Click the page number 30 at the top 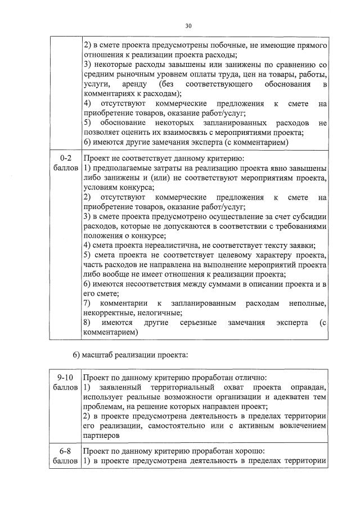188,25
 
